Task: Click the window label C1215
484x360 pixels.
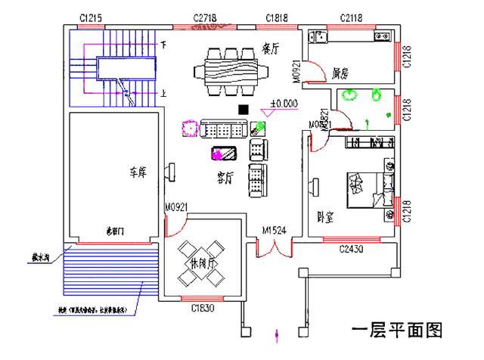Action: [90, 17]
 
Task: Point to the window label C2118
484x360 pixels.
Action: [353, 17]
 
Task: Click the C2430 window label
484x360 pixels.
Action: [352, 249]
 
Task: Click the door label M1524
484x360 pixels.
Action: [274, 231]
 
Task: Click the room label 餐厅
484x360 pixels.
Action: [271, 47]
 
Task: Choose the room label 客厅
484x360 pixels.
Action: [225, 177]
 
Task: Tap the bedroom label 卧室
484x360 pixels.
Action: [327, 216]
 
